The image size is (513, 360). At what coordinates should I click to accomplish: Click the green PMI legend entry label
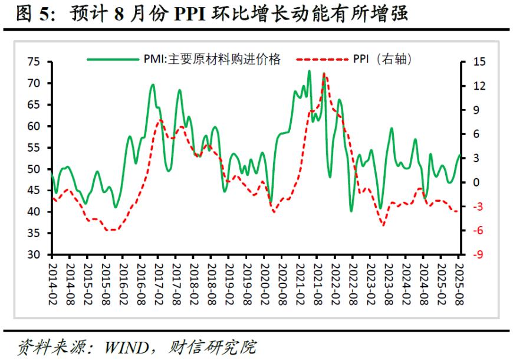(212, 58)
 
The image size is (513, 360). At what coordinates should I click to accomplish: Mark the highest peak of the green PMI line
(309, 71)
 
